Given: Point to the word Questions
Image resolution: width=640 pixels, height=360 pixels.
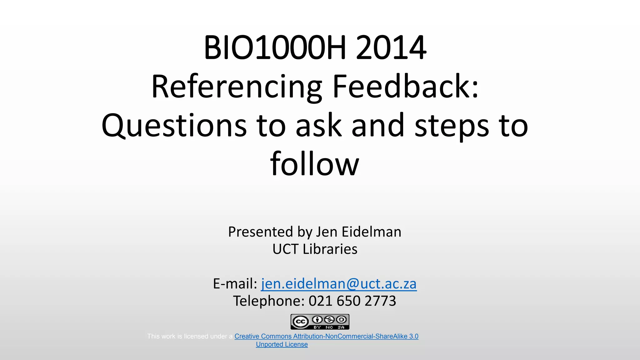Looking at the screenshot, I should [x=174, y=126].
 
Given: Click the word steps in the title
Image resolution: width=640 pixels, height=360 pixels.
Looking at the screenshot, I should [x=451, y=126].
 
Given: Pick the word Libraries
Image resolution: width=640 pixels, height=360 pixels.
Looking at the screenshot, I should [x=330, y=249].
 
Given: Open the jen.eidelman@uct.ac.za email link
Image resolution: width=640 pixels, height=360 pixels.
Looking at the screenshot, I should [x=339, y=284].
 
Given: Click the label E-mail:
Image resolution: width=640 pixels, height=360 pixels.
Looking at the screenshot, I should [x=235, y=284].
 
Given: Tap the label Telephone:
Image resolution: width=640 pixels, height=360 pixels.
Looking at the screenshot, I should [x=269, y=301].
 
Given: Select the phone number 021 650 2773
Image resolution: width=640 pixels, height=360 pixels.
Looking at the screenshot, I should [x=352, y=301].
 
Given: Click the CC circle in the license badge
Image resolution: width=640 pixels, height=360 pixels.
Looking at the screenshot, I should [x=300, y=322].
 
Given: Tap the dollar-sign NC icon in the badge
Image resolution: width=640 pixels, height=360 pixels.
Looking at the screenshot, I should [x=329, y=320].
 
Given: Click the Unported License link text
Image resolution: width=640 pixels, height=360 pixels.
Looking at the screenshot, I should [x=282, y=344].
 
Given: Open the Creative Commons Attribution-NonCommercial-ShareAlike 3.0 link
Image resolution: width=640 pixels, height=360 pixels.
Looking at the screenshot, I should [x=326, y=336].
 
